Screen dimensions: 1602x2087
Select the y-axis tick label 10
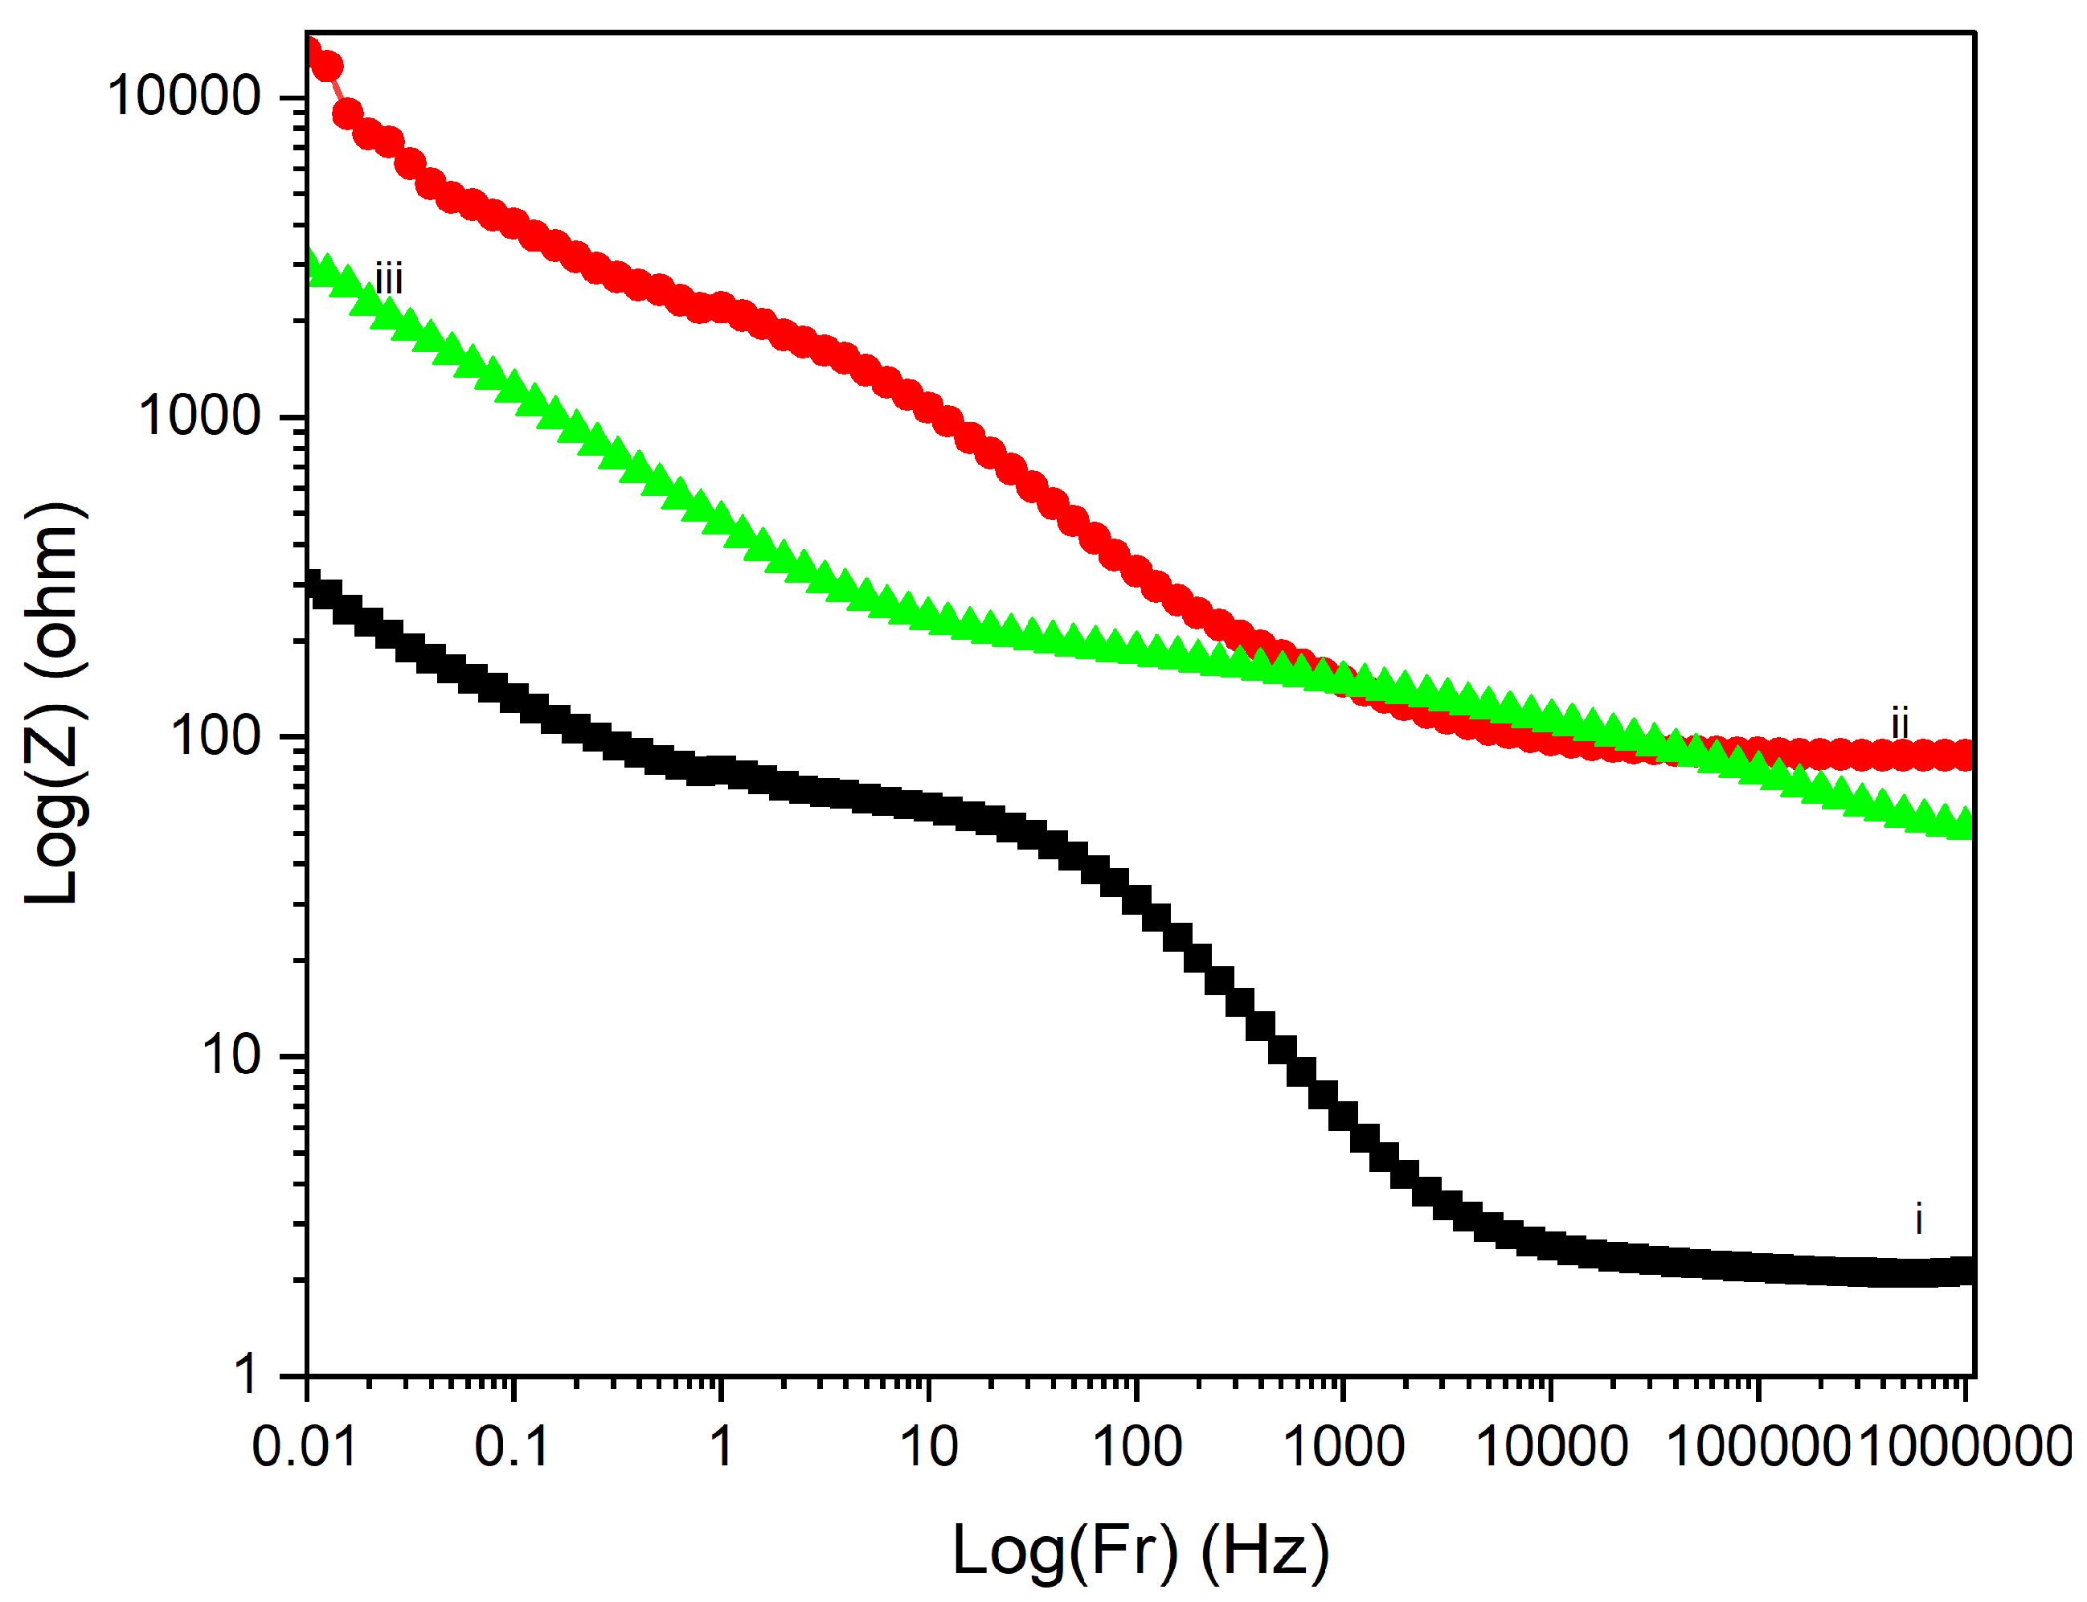[231, 1055]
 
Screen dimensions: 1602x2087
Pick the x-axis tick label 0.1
[512, 1447]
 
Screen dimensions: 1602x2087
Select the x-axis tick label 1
[721, 1447]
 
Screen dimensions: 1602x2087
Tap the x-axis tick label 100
[1136, 1447]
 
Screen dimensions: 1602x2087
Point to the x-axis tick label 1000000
[1964, 1447]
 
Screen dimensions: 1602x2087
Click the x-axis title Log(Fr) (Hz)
[1140, 1551]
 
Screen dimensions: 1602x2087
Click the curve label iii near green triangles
[389, 281]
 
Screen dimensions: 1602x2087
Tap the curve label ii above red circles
[1900, 723]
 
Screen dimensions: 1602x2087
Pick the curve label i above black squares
[1918, 1219]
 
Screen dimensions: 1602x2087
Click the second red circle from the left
[327, 67]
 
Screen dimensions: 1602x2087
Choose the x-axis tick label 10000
[1552, 1447]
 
